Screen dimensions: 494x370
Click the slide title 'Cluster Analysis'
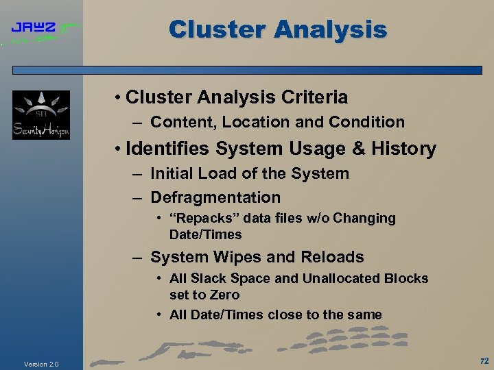coord(278,29)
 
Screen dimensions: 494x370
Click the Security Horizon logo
coord(41,114)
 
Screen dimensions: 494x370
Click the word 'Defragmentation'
coord(215,198)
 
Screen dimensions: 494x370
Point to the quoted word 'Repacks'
coord(202,219)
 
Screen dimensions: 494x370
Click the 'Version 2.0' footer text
coord(41,364)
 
